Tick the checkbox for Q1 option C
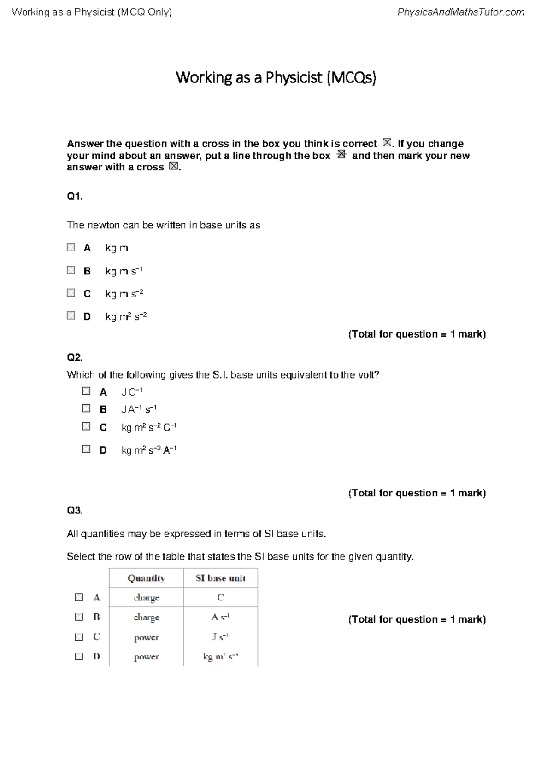coord(71,293)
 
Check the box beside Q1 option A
coord(71,247)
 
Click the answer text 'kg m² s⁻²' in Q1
coord(126,316)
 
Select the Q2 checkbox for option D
coord(86,449)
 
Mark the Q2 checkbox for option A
coord(86,391)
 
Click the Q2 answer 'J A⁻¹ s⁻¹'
coord(139,409)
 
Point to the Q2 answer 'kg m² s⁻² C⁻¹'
coord(149,427)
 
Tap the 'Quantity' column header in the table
coord(146,578)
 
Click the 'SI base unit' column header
coord(220,578)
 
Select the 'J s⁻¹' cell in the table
coord(220,637)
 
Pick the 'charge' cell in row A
coord(146,598)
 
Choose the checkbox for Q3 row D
coord(79,656)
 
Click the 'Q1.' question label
coord(75,197)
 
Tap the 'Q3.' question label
coord(75,510)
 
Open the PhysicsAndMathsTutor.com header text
coord(460,12)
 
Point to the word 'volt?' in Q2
coord(369,375)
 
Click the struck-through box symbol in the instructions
coord(341,155)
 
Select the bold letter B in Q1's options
coord(87,271)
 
